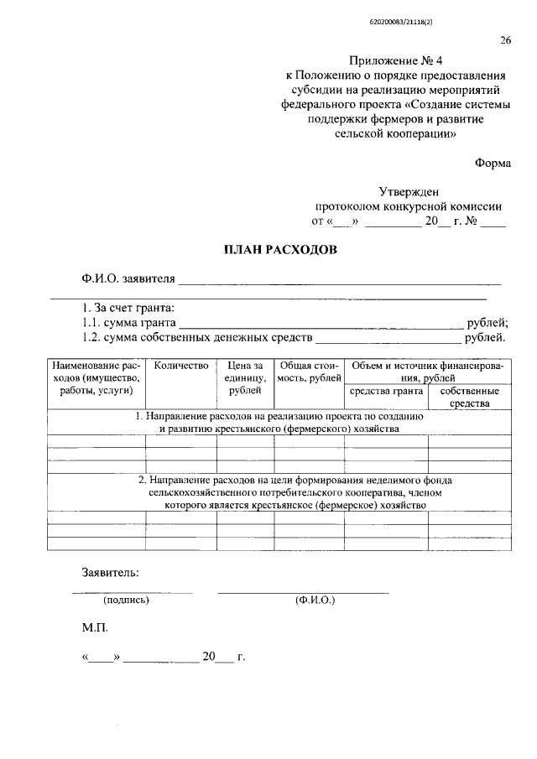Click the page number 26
click(x=506, y=40)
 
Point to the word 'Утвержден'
click(x=409, y=192)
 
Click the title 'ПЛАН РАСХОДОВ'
click(x=280, y=250)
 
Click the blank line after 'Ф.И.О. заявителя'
click(x=339, y=284)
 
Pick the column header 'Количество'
click(x=180, y=367)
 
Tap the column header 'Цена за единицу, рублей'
click(x=245, y=378)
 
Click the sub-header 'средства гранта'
click(x=385, y=391)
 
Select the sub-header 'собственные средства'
click(x=469, y=397)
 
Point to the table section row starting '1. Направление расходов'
click(x=279, y=422)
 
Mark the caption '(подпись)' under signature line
click(x=126, y=600)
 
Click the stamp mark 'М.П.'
click(x=95, y=627)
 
